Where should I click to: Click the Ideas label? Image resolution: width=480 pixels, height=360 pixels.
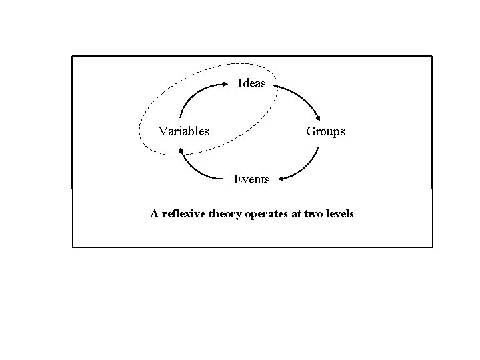pos(252,84)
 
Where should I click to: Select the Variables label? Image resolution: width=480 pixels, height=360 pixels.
pos(183,131)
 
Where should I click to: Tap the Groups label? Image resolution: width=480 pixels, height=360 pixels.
pos(325,131)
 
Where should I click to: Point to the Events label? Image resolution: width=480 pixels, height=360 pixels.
pos(251,179)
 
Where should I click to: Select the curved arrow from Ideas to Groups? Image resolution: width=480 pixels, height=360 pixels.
pos(303,97)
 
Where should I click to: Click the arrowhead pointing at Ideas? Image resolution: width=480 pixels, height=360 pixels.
pos(225,84)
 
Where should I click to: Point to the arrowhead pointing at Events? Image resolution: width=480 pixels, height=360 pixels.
pos(283,179)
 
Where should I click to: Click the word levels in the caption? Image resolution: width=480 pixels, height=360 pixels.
pos(339,214)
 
